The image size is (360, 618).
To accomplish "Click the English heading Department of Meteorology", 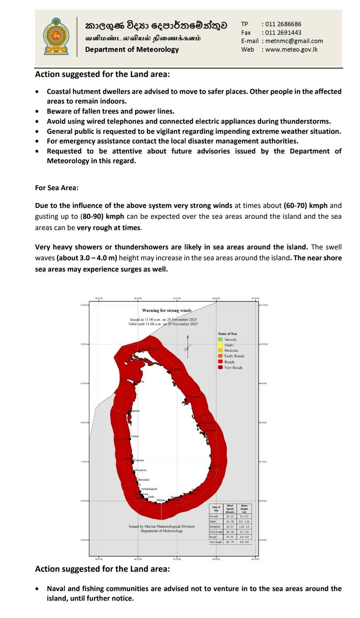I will [x=132, y=50].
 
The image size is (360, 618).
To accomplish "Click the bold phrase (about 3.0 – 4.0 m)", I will [x=87, y=258].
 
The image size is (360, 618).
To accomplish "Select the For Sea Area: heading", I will [x=57, y=188].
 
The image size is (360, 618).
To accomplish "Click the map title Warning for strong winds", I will [x=167, y=310].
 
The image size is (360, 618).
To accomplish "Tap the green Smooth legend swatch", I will [x=220, y=340].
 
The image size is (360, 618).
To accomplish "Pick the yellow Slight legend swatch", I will [x=220, y=345].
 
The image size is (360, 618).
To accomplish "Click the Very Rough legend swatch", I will [x=220, y=367].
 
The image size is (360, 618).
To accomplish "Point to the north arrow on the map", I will [x=187, y=344].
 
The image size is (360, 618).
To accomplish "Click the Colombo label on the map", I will [x=139, y=460].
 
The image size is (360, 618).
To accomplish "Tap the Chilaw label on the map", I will [x=135, y=436].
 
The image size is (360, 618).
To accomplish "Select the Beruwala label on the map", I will [x=144, y=480].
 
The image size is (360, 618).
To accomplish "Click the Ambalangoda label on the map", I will [x=149, y=489].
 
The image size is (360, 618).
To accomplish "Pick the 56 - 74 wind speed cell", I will [x=230, y=542].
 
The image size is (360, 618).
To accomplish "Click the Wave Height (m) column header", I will [x=244, y=508].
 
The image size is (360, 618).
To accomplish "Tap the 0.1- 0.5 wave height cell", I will [x=244, y=516].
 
